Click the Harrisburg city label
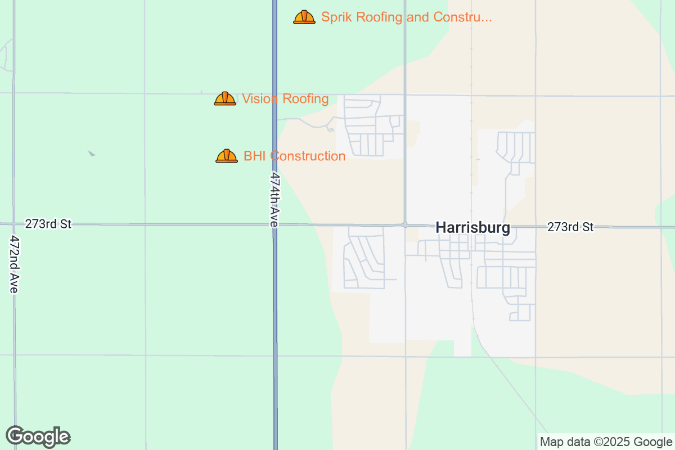tap(473, 228)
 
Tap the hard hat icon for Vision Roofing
tap(225, 99)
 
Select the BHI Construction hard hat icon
tap(227, 156)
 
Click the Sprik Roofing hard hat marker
tap(304, 17)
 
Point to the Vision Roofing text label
tap(285, 99)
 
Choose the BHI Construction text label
tap(294, 156)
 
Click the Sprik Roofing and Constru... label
tap(406, 17)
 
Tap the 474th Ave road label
tap(274, 199)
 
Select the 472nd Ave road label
tap(13, 263)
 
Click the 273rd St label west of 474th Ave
tap(48, 224)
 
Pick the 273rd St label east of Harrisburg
tap(570, 227)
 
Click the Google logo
tap(38, 436)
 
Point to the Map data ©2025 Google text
tap(606, 442)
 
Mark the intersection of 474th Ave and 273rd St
tap(275, 224)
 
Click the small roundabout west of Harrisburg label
tap(405, 224)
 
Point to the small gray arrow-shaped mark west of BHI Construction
tap(92, 153)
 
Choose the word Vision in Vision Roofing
tap(260, 99)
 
